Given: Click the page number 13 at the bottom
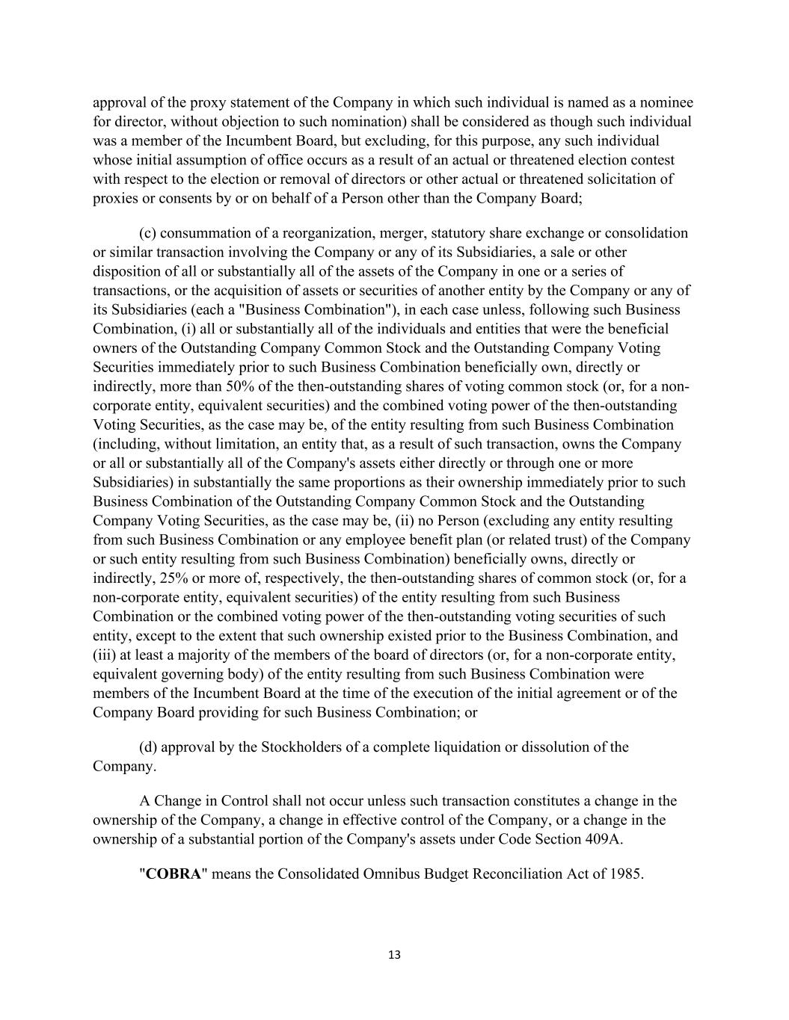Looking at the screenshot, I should tap(395, 954).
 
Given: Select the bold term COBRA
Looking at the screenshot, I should tap(174, 874).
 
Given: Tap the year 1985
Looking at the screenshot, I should tap(625, 874).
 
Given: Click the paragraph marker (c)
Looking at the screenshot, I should tap(147, 233).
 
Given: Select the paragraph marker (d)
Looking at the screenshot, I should tap(148, 747).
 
